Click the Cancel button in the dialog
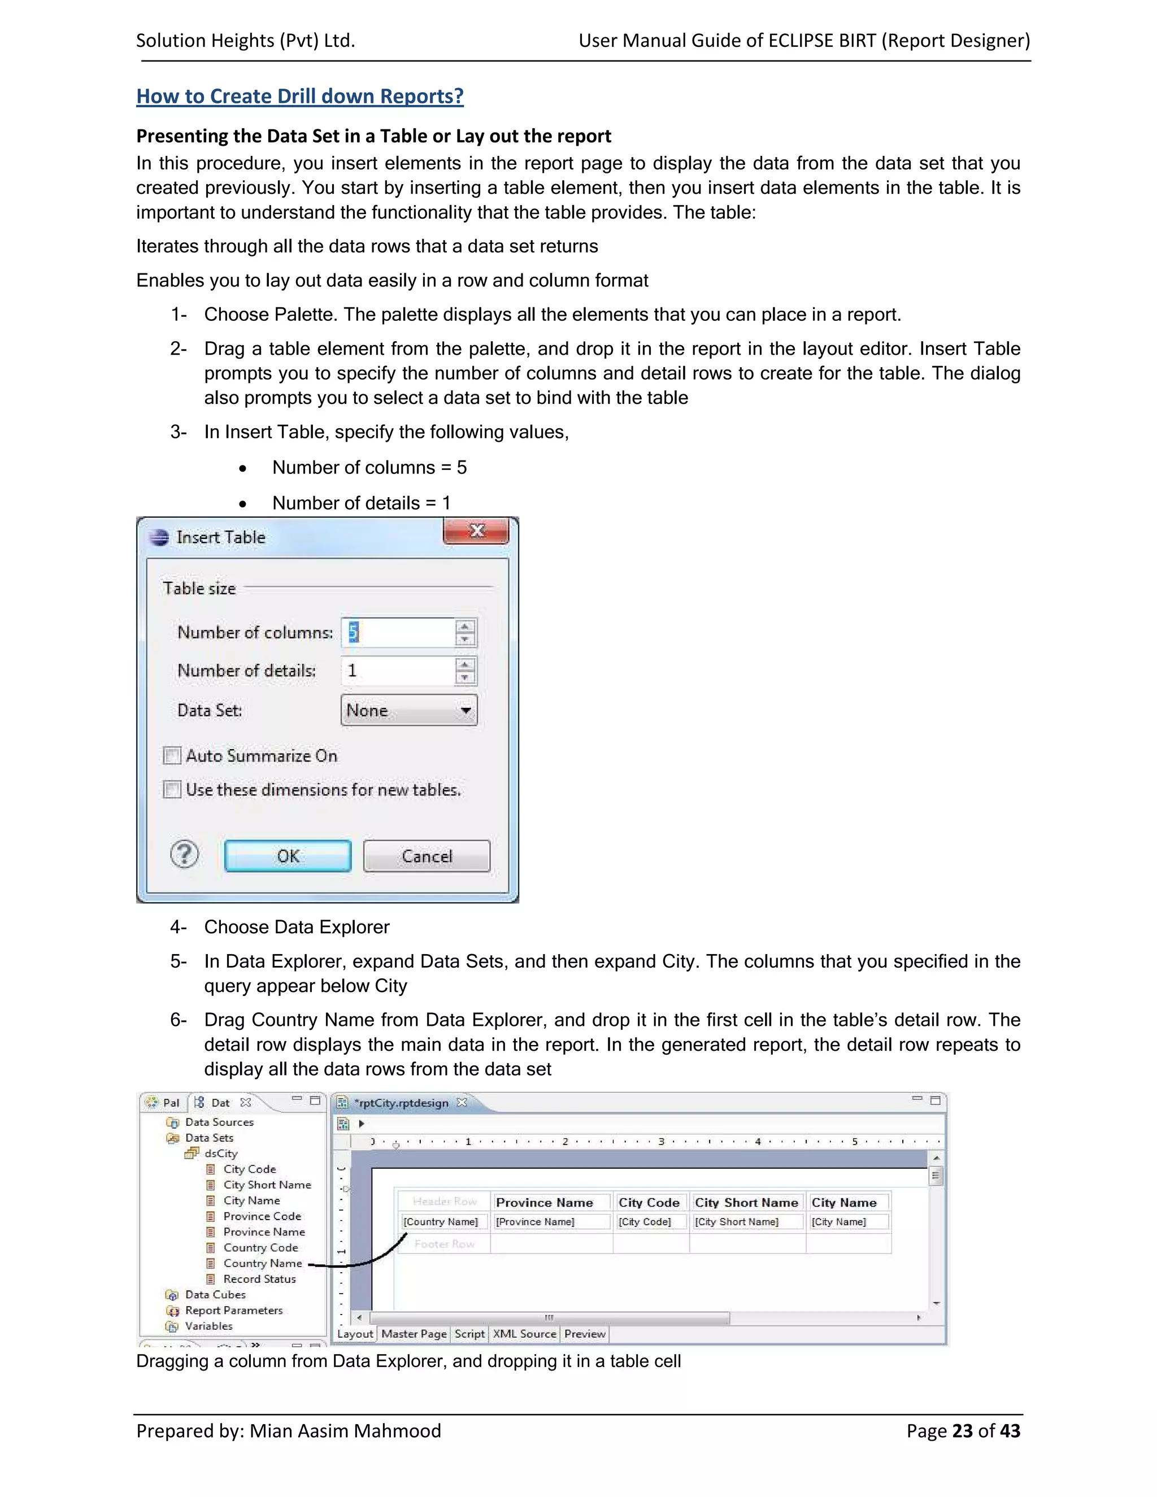(427, 856)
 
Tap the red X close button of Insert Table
(476, 531)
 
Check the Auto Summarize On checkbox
(172, 755)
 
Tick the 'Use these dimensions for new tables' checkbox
(172, 790)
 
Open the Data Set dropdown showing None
(408, 710)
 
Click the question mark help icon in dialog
(184, 855)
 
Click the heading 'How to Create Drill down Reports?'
(299, 96)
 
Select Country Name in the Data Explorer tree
(263, 1263)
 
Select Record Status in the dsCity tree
(259, 1279)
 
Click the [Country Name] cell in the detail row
(441, 1221)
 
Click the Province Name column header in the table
(544, 1202)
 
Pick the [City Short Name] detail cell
(737, 1221)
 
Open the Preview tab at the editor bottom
(585, 1334)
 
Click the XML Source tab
(524, 1334)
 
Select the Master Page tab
(414, 1334)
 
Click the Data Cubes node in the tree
(215, 1295)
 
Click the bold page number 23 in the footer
(962, 1431)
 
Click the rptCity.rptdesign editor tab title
(402, 1103)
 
